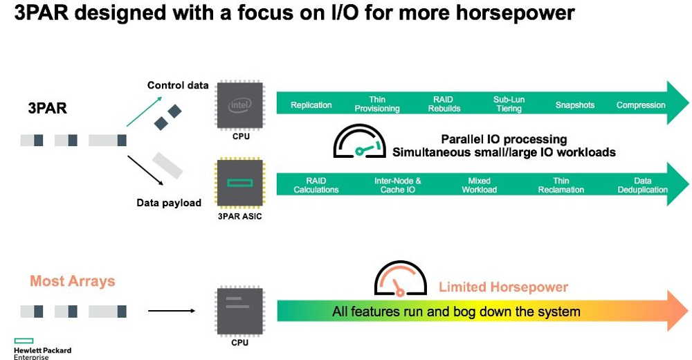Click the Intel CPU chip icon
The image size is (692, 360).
coord(240,105)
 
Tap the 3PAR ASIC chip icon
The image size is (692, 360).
coord(239,183)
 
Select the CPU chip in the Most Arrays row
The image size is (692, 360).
coord(239,311)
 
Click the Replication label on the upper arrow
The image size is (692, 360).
coord(311,105)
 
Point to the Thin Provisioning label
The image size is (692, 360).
coord(377,105)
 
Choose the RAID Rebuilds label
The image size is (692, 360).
coord(444,105)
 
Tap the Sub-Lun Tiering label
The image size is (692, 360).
coord(509,105)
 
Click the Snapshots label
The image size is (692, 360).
coord(575,105)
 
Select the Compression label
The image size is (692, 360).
coord(641,105)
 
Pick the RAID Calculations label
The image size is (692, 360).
coord(316,185)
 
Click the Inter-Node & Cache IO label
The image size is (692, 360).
coord(398,185)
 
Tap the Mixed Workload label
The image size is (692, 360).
coord(480,185)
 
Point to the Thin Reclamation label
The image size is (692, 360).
coord(561,185)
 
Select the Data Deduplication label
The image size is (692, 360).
coord(643,185)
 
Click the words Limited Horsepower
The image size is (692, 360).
coord(503,287)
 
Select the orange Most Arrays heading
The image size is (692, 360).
coord(73,281)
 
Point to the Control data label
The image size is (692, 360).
coord(178,85)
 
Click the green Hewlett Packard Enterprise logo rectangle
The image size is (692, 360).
coord(24,341)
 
